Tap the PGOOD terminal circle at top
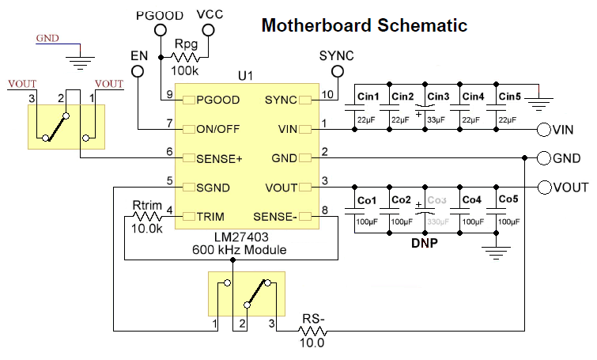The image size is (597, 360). tap(160, 30)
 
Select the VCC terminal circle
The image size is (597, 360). tap(209, 30)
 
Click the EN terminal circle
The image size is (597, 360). tap(138, 71)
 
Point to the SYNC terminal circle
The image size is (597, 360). tap(338, 71)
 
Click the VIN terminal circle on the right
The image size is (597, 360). tap(543, 129)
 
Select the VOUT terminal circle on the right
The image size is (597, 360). tap(543, 188)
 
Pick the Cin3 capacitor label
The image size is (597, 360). tap(438, 97)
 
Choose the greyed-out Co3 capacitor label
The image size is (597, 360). tap(437, 200)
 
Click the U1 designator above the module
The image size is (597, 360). tap(245, 76)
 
